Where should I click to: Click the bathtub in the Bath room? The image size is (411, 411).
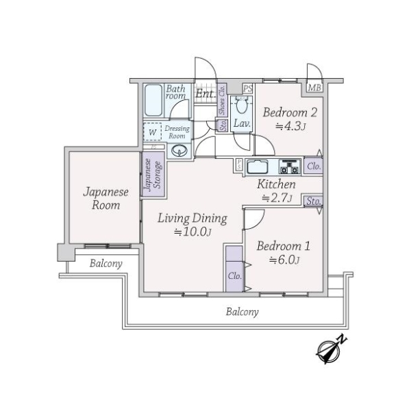pyautogui.click(x=153, y=100)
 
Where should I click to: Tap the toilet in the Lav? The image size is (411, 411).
pyautogui.click(x=241, y=104)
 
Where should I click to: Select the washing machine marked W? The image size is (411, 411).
pyautogui.click(x=152, y=132)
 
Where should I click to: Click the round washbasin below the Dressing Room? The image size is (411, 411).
pyautogui.click(x=179, y=151)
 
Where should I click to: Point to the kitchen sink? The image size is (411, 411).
pyautogui.click(x=258, y=166)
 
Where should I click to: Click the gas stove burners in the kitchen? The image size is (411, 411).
pyautogui.click(x=289, y=167)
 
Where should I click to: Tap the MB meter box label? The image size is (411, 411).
pyautogui.click(x=314, y=88)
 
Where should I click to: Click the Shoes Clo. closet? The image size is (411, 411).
pyautogui.click(x=222, y=100)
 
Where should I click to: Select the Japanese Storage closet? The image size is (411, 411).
pyautogui.click(x=153, y=174)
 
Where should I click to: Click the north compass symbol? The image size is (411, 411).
pyautogui.click(x=331, y=349)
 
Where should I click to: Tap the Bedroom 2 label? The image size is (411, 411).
pyautogui.click(x=290, y=113)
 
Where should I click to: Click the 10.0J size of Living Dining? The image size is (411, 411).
pyautogui.click(x=192, y=232)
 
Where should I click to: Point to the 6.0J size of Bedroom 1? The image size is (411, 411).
pyautogui.click(x=284, y=260)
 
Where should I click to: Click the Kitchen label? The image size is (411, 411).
pyautogui.click(x=276, y=184)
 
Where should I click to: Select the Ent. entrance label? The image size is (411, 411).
pyautogui.click(x=206, y=93)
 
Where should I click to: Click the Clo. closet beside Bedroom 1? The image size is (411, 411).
pyautogui.click(x=234, y=269)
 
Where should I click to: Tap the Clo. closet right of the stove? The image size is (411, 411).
pyautogui.click(x=314, y=166)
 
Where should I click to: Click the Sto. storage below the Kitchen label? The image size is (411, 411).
pyautogui.click(x=314, y=201)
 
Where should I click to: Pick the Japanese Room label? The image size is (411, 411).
pyautogui.click(x=106, y=199)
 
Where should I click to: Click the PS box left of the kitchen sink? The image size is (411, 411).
pyautogui.click(x=239, y=165)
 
